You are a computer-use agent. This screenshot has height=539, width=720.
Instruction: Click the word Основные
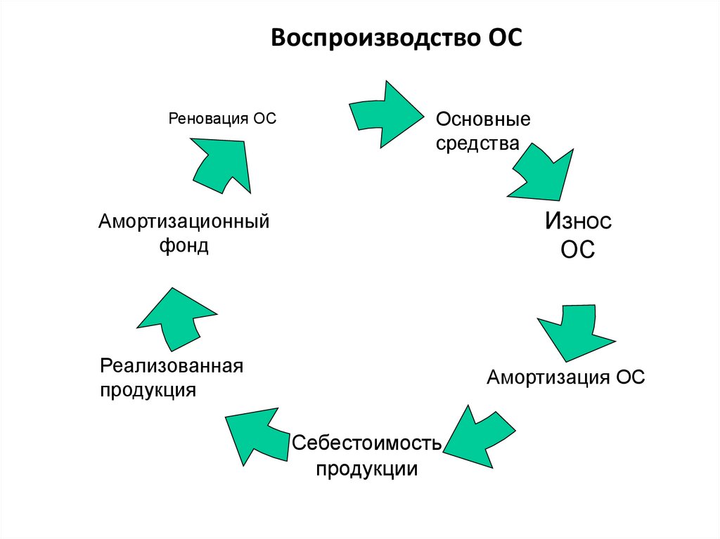482,119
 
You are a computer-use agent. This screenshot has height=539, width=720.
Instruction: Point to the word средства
477,144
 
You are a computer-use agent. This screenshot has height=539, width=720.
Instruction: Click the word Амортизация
549,377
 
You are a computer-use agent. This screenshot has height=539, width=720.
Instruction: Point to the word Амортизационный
184,221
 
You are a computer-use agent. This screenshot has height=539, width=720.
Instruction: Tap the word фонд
184,246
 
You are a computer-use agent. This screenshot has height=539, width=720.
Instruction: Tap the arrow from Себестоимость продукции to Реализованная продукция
257,436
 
